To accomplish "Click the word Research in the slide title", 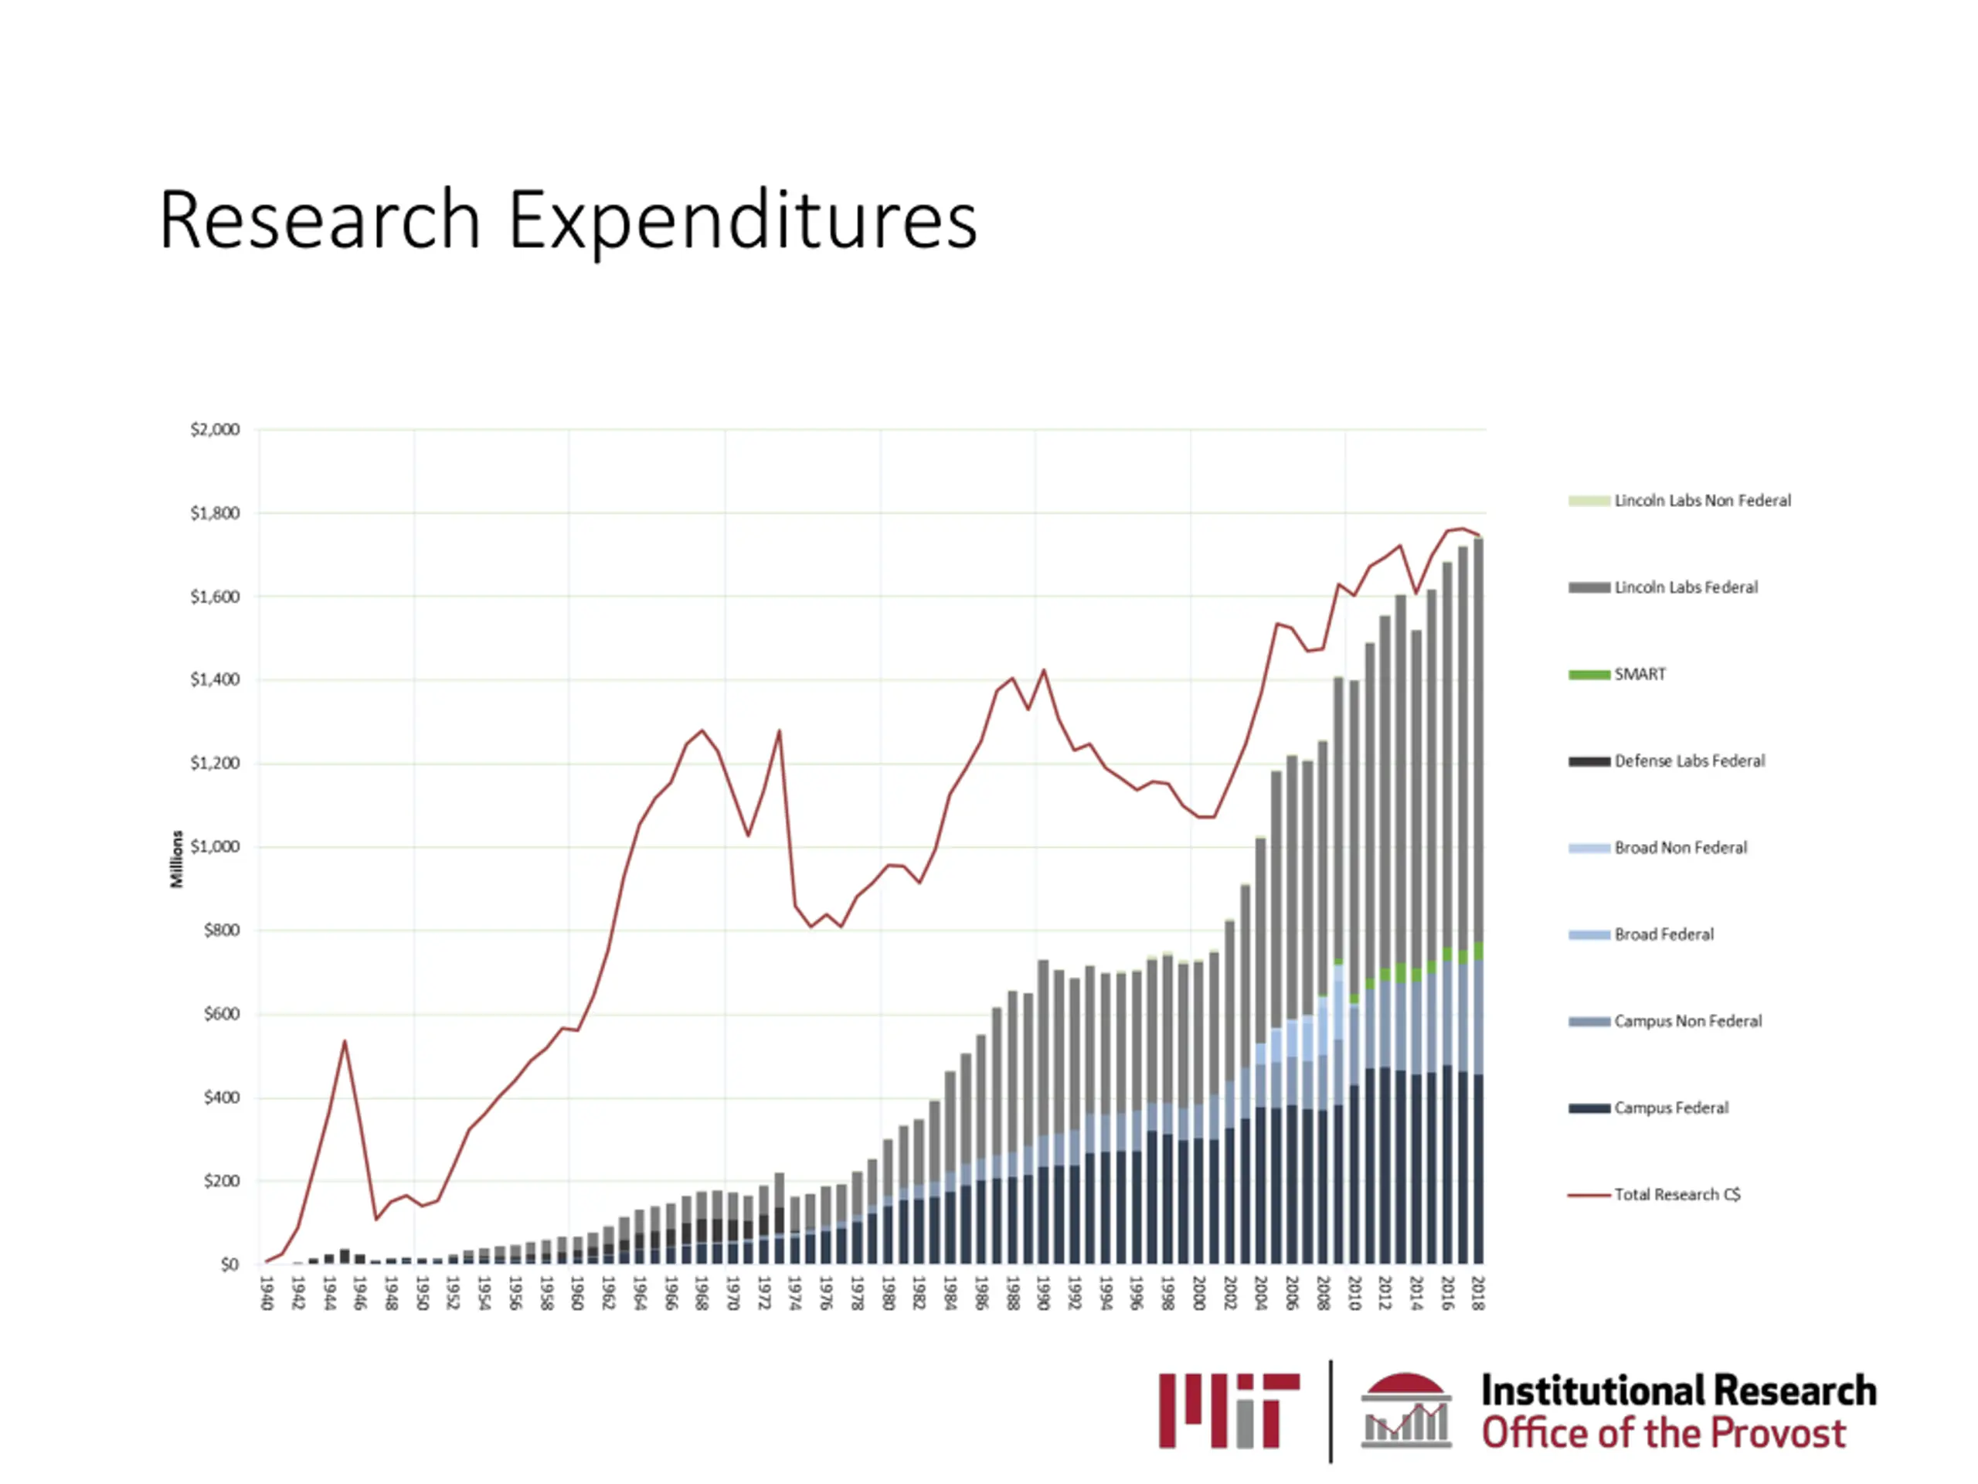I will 320,220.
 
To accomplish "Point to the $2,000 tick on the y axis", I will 215,431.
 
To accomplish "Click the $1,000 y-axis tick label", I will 215,847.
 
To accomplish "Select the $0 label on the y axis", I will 229,1264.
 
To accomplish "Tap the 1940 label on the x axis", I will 266,1292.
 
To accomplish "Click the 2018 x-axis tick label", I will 1478,1292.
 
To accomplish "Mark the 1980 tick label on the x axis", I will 887,1292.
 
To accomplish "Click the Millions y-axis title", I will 176,859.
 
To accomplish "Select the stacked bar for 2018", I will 1478,894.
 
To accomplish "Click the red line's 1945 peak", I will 345,1041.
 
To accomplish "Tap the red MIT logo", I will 1229,1411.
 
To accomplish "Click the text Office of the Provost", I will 1664,1433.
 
